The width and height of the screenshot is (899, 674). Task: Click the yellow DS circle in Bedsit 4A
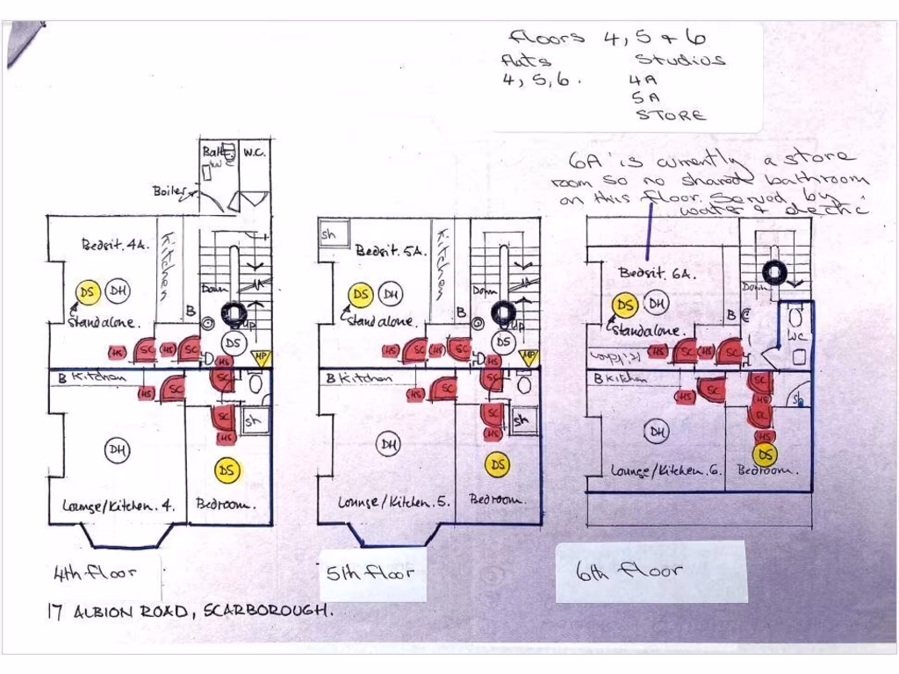click(86, 293)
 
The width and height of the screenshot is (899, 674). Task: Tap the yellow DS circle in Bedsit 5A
click(360, 295)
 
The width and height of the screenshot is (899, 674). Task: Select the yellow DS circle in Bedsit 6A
click(625, 305)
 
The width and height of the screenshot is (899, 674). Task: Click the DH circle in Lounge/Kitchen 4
click(118, 451)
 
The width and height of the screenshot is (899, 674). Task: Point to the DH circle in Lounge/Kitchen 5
click(388, 445)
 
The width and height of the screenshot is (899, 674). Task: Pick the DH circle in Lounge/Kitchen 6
click(656, 431)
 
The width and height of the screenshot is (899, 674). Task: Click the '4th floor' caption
click(96, 575)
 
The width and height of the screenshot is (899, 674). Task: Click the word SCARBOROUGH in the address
click(268, 612)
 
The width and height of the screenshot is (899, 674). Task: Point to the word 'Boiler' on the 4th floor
click(169, 190)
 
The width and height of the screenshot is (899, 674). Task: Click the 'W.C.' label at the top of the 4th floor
click(255, 153)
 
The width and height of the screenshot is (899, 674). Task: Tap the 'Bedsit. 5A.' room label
click(391, 250)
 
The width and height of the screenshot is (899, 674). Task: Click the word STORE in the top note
click(670, 115)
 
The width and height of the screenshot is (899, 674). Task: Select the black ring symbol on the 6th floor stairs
click(774, 273)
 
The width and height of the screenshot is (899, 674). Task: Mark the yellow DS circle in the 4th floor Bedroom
click(227, 470)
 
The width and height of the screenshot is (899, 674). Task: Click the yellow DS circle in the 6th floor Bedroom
click(766, 454)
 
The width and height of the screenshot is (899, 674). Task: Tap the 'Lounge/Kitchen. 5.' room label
click(394, 502)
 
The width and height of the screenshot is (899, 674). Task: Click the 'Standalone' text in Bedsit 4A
click(103, 322)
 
